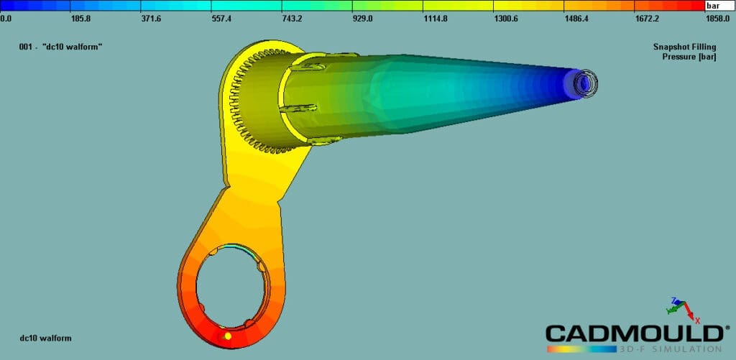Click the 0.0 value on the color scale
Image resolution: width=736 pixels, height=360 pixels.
point(5,19)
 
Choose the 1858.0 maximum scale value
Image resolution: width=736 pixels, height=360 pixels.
point(717,19)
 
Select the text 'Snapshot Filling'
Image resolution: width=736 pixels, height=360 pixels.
point(684,47)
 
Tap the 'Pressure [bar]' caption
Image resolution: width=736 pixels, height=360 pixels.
point(689,57)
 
